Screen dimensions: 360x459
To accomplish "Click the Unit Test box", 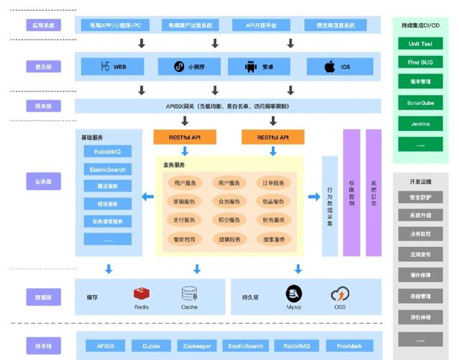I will (x=420, y=43).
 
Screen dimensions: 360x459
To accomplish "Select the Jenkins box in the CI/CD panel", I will (x=420, y=124).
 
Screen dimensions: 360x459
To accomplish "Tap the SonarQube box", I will (x=420, y=104).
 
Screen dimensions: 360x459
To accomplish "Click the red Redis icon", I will (x=141, y=293).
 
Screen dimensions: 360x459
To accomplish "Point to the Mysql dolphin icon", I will (x=294, y=293).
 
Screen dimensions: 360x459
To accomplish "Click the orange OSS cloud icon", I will (x=340, y=294).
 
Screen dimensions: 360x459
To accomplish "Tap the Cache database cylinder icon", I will (x=189, y=293).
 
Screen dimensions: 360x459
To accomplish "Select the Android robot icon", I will (x=250, y=67).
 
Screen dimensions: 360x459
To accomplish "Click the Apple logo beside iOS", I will (x=330, y=67).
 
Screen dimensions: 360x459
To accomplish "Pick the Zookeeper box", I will (x=196, y=346).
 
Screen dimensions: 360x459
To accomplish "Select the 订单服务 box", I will (x=273, y=183).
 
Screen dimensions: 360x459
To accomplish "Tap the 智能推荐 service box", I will (x=185, y=239).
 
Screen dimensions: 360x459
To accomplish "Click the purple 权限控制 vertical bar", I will (x=351, y=193).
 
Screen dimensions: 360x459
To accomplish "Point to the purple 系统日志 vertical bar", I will (x=373, y=193).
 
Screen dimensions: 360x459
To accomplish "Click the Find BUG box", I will (x=420, y=63).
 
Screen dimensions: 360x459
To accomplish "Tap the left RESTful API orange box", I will (x=185, y=137).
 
